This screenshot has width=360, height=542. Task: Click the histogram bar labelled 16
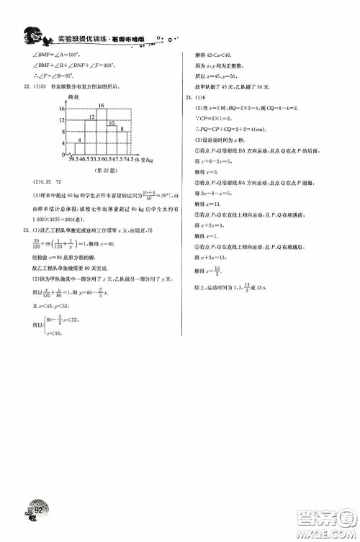coord(101,129)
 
